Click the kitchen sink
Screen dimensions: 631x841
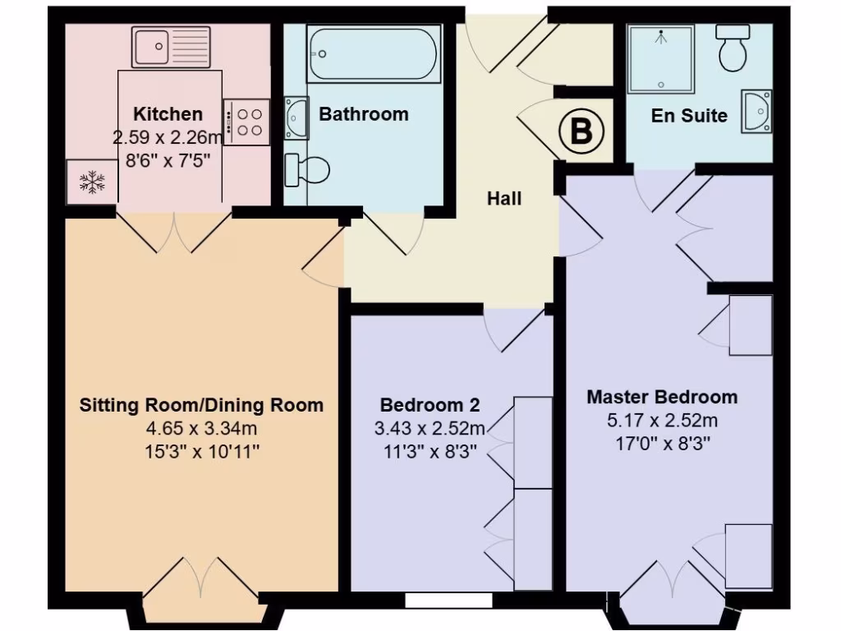pos(171,46)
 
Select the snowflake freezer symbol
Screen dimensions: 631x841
pos(90,182)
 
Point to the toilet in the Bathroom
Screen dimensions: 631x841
pos(309,170)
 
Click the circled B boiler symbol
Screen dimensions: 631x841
pos(581,131)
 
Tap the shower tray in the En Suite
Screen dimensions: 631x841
pos(660,58)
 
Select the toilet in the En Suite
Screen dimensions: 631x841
pos(733,48)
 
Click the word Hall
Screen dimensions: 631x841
pos(504,199)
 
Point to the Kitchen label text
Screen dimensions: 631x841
pos(168,114)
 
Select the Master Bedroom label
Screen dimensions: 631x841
pos(662,398)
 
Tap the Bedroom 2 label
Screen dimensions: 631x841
pos(430,405)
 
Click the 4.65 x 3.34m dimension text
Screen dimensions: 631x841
pos(201,427)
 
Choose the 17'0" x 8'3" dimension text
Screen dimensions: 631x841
pos(662,444)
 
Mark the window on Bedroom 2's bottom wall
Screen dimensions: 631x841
pos(448,601)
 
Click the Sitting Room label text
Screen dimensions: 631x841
pos(201,405)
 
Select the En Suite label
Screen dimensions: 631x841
pos(689,116)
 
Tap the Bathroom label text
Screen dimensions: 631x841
pos(363,114)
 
